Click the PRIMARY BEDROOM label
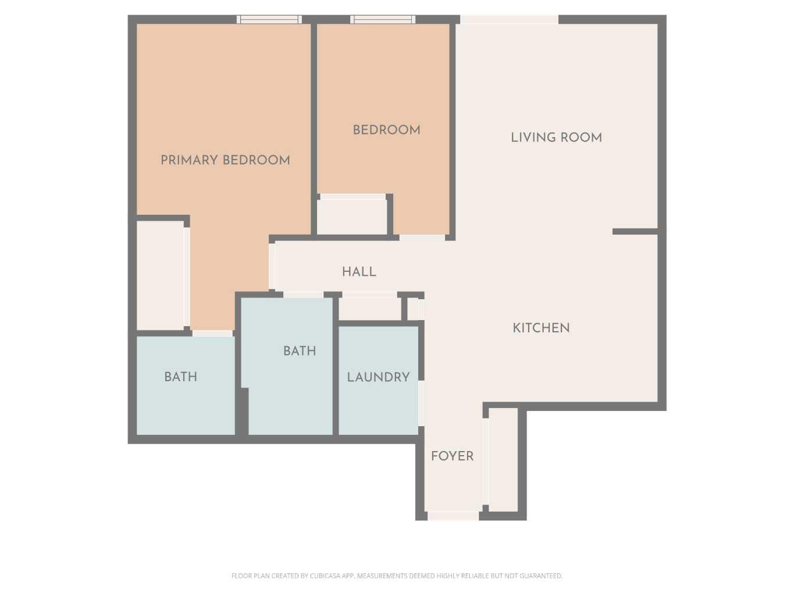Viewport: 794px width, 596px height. point(225,160)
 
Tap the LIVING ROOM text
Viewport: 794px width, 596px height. point(556,138)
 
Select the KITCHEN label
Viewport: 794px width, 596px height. point(541,328)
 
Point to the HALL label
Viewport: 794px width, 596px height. point(359,272)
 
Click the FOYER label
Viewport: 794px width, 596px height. point(452,456)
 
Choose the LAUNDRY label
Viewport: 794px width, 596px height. point(378,377)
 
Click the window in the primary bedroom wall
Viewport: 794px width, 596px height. point(269,20)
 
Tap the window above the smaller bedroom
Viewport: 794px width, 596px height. point(383,20)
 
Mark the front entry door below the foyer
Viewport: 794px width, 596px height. point(453,516)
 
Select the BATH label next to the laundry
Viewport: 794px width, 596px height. point(300,351)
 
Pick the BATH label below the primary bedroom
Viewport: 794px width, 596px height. point(180,377)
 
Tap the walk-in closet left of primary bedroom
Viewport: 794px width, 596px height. point(160,275)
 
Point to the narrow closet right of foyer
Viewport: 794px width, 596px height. point(503,460)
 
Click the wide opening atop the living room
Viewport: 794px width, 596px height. point(509,20)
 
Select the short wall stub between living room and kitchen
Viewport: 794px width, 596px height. point(635,232)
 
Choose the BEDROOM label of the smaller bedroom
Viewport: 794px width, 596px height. point(386,130)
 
